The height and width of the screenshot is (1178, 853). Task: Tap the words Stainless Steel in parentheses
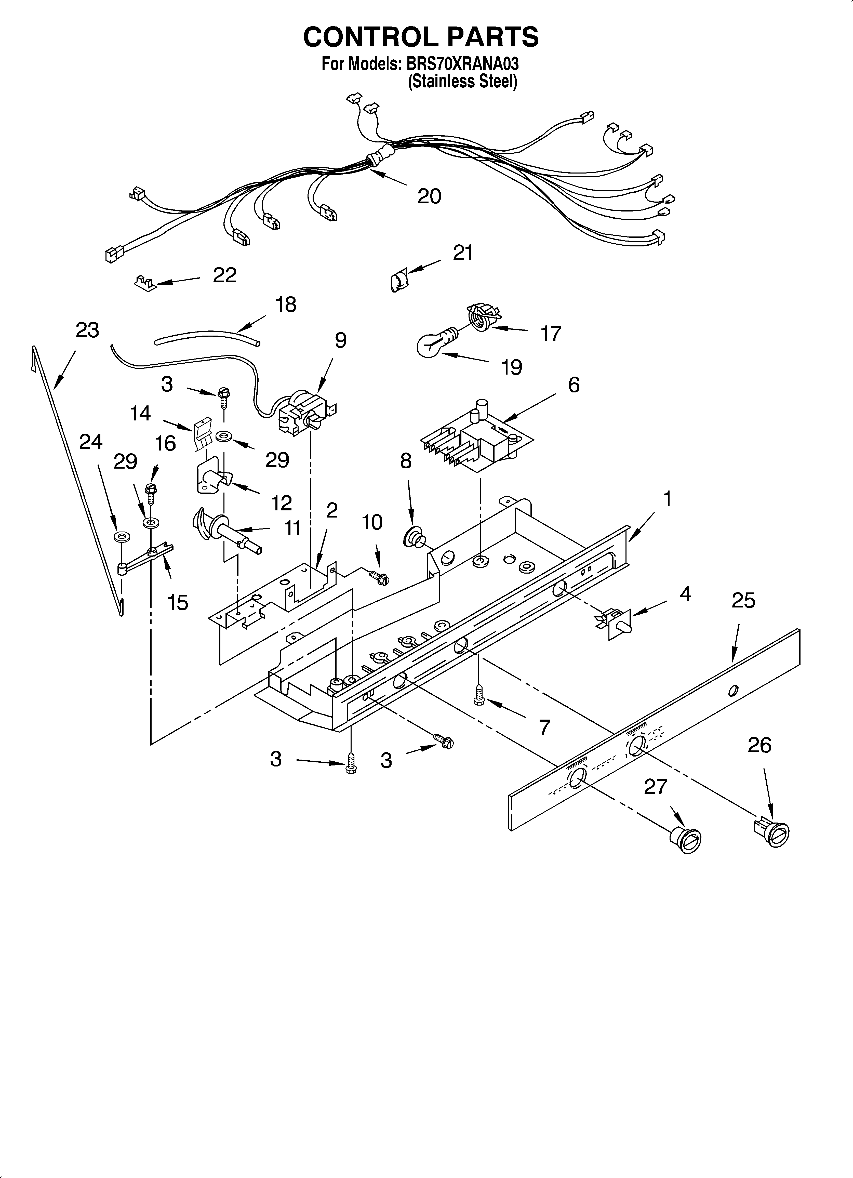462,82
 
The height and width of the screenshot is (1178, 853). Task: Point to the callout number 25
743,600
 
